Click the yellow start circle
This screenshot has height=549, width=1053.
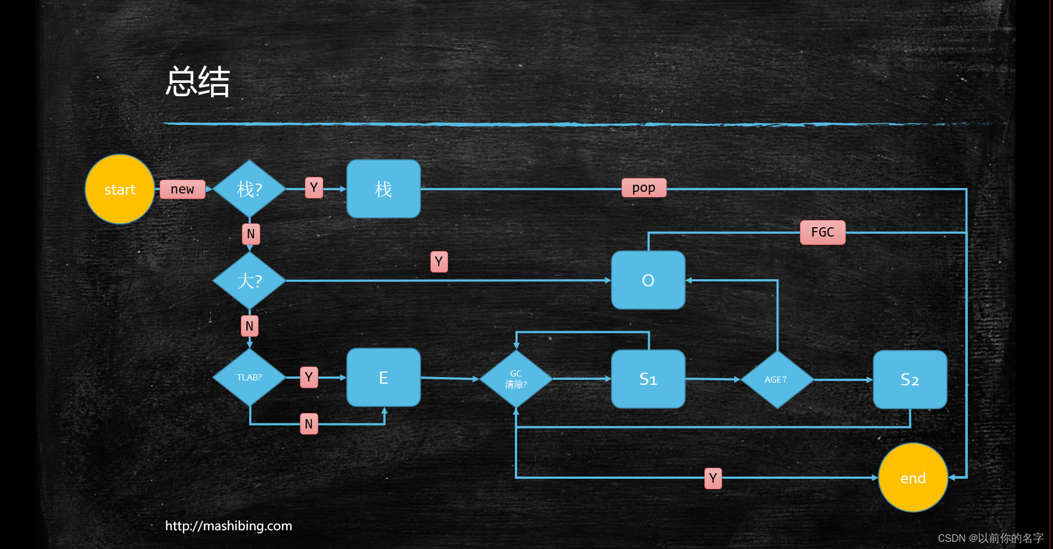(120, 189)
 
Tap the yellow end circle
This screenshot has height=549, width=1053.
(913, 478)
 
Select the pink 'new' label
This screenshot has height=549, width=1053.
(182, 189)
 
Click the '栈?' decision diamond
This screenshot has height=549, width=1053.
(249, 189)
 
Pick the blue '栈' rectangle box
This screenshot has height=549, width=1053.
(383, 189)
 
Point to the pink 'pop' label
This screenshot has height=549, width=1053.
(644, 188)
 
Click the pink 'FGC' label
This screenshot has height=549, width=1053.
(823, 232)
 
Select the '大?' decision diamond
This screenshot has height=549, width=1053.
(249, 281)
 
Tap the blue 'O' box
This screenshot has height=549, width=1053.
(648, 280)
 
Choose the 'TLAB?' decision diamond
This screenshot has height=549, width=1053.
(249, 378)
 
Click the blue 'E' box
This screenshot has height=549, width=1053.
(383, 378)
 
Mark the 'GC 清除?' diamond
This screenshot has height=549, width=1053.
(516, 379)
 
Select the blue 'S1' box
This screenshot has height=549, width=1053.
(648, 379)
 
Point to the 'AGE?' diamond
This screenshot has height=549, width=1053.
(777, 380)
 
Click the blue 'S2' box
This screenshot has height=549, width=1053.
(910, 380)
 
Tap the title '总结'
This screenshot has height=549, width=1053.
(198, 82)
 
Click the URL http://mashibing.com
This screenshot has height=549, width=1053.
(229, 526)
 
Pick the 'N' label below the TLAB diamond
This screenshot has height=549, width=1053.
(309, 424)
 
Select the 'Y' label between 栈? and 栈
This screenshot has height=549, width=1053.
(314, 188)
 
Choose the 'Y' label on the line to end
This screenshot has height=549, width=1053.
(713, 478)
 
